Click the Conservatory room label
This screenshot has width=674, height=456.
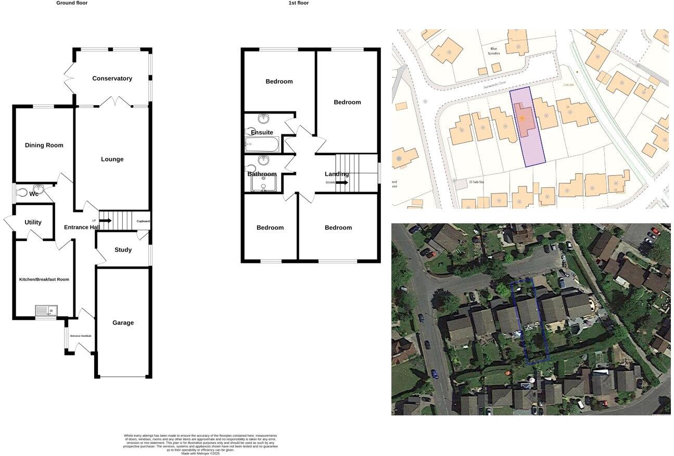click(112, 79)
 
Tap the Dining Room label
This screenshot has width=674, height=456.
click(44, 145)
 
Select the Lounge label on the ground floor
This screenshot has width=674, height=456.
click(112, 159)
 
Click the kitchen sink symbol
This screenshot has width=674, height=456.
click(46, 311)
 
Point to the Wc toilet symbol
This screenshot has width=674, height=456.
click(21, 193)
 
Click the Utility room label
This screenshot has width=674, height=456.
click(33, 222)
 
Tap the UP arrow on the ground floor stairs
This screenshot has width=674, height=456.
click(105, 221)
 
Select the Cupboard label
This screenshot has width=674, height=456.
click(143, 221)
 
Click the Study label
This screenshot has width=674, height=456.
click(123, 250)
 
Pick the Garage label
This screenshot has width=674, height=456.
click(123, 323)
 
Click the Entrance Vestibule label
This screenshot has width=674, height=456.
click(81, 336)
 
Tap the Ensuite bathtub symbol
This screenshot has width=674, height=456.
click(262, 144)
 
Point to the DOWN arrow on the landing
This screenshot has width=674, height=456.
click(341, 183)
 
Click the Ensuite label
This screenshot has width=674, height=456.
click(262, 132)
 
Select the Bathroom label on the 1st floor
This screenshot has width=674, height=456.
click(262, 174)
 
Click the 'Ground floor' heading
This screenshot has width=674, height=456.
click(72, 3)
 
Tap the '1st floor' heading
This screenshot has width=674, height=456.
click(299, 3)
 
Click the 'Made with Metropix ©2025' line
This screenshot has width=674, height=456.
click(200, 453)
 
